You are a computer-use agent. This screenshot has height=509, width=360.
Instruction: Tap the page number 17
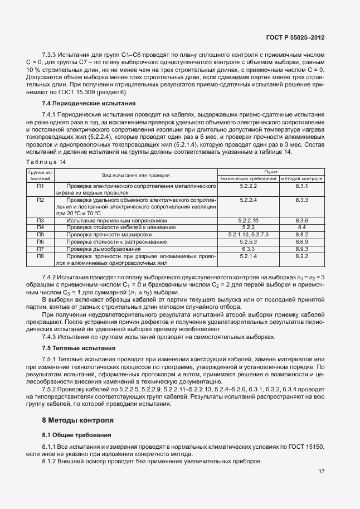[322, 472]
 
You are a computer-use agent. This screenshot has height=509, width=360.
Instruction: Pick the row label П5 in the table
[40, 235]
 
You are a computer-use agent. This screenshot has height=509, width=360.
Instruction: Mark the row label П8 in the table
[40, 256]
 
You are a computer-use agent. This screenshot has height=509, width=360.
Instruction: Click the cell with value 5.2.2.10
[248, 221]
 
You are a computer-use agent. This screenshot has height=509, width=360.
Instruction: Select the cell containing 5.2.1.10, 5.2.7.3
[248, 235]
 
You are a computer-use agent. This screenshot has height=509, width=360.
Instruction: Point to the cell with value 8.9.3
[302, 249]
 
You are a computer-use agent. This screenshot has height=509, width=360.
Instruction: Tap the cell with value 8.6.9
[302, 242]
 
